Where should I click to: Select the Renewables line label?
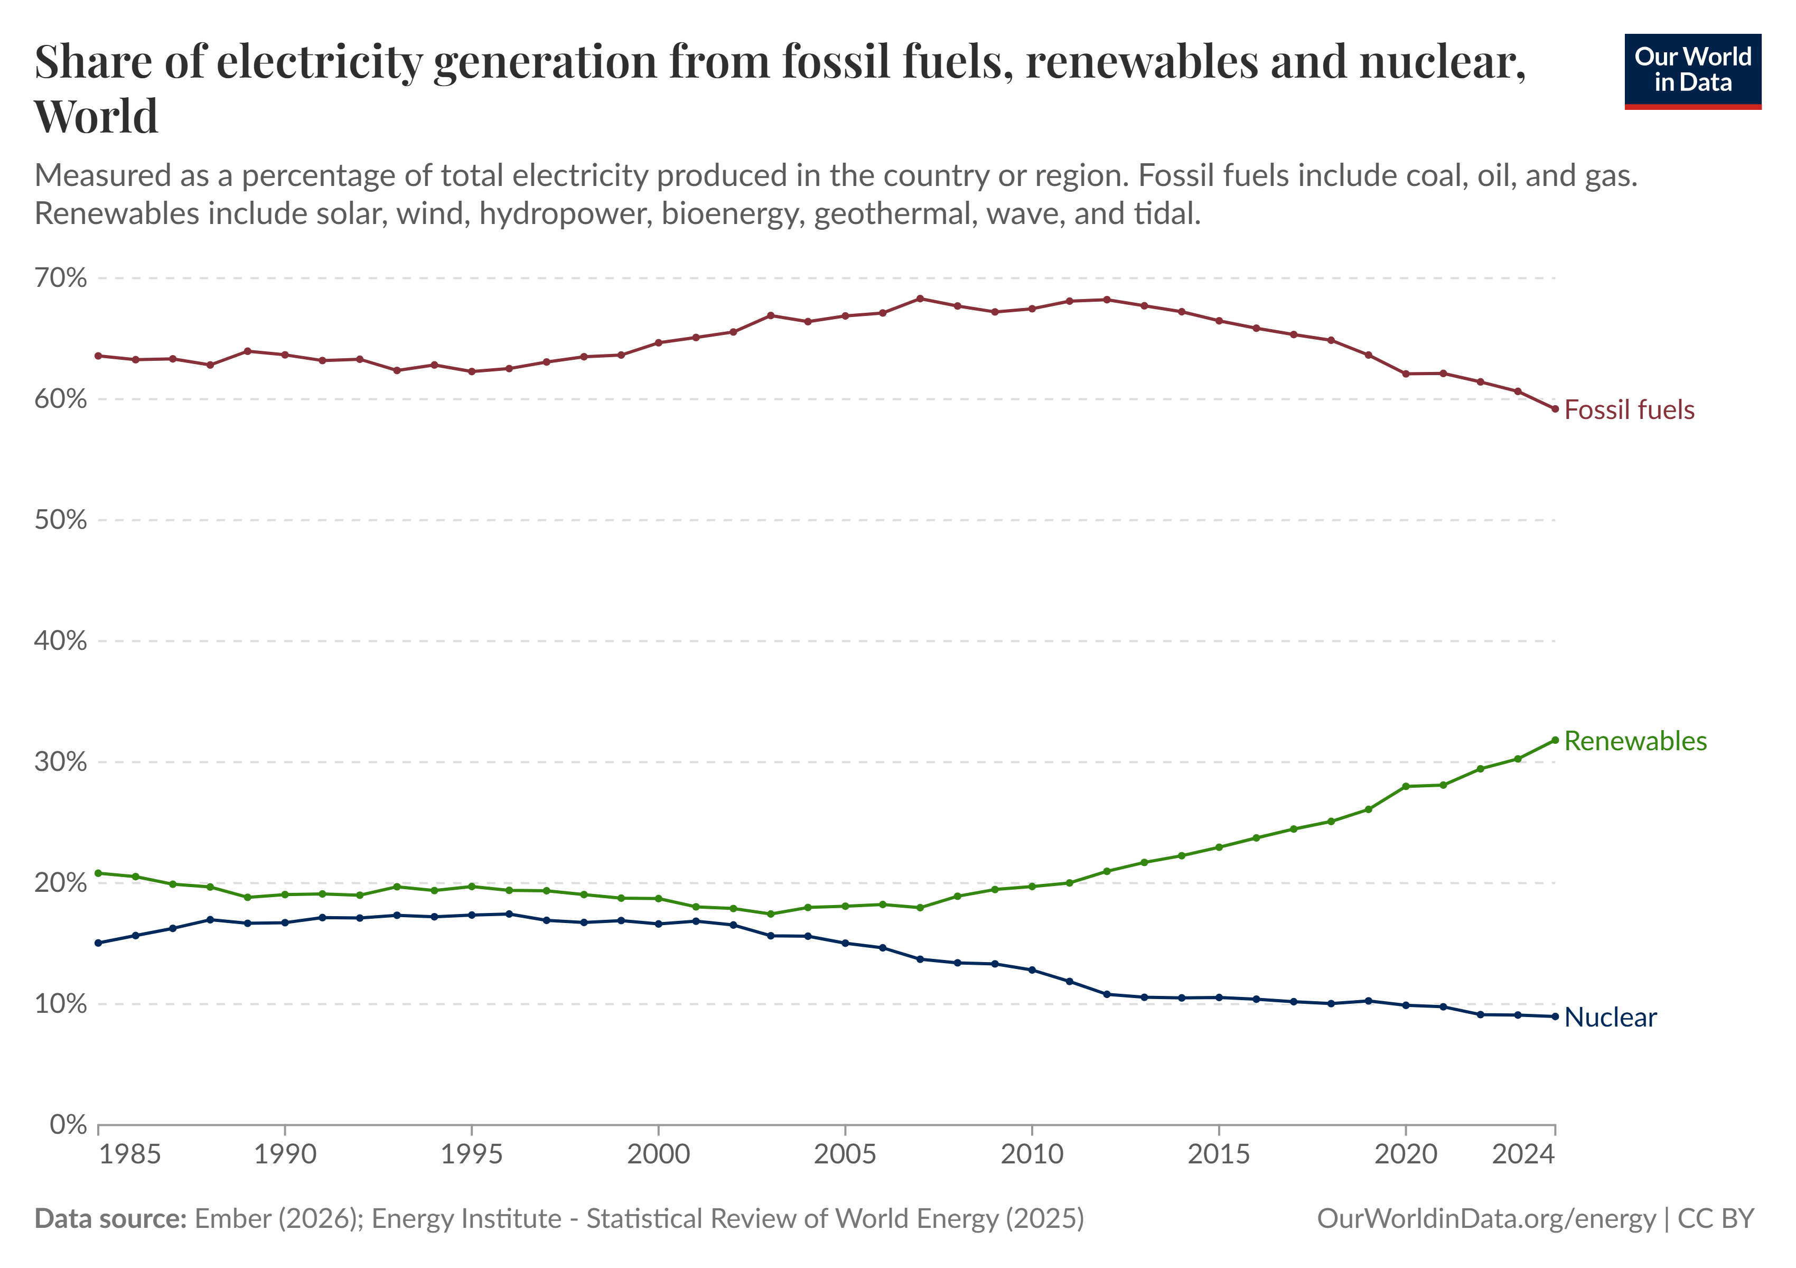(1635, 741)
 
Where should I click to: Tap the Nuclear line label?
(1610, 1017)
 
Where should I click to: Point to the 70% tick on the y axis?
(60, 278)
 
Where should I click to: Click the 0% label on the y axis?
(68, 1125)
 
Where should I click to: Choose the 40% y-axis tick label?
(60, 641)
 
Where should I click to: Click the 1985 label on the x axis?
(130, 1154)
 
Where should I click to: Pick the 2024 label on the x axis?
(1522, 1154)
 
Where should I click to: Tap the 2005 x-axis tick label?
(845, 1154)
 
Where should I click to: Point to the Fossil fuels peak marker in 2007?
(920, 298)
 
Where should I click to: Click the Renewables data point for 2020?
(1406, 786)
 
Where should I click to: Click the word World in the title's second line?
(96, 116)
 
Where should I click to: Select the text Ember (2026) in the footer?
(276, 1219)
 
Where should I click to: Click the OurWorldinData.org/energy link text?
(1486, 1219)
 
